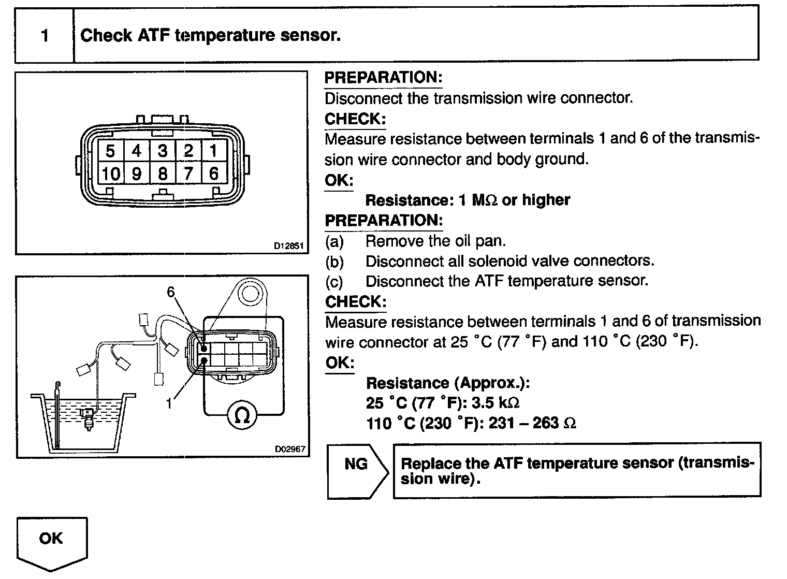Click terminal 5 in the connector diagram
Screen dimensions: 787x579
click(x=110, y=151)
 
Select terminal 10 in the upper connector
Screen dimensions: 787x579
click(x=110, y=173)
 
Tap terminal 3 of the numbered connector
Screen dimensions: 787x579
click(x=163, y=151)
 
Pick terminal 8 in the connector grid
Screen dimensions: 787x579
click(x=163, y=173)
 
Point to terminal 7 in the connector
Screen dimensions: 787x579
click(x=188, y=173)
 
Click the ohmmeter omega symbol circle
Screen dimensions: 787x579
click(x=242, y=415)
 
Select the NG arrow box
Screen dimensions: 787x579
click(x=357, y=470)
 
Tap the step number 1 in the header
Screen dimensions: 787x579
click(x=45, y=36)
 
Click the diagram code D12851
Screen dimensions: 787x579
click(x=288, y=246)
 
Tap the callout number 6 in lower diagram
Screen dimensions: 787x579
click(x=171, y=293)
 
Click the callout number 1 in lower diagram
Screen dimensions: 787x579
click(x=169, y=402)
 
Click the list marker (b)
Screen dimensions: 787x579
click(x=334, y=262)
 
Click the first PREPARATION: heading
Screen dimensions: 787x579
click(x=383, y=78)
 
